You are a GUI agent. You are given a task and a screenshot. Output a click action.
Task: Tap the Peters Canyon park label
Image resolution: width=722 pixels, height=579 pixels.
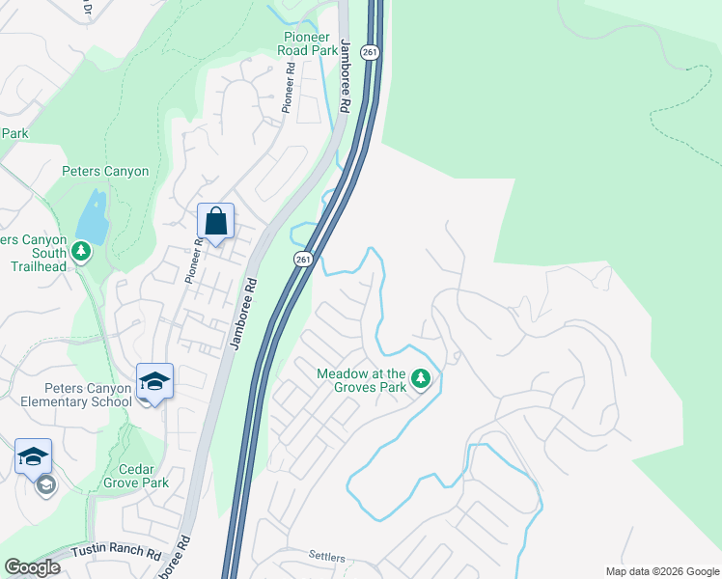pyautogui.click(x=105, y=172)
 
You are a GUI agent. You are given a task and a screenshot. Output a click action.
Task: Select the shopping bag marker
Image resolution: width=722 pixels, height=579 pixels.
pyautogui.click(x=216, y=222)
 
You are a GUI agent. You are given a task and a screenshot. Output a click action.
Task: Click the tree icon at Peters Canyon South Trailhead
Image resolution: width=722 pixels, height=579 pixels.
pyautogui.click(x=82, y=252)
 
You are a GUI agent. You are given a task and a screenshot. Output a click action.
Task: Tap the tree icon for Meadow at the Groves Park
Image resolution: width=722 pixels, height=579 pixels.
pyautogui.click(x=420, y=379)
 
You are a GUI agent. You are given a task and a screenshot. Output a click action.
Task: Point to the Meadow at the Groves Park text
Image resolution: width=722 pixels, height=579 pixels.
pyautogui.click(x=362, y=380)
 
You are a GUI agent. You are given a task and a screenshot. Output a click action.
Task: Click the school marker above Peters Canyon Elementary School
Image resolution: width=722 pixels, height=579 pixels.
pyautogui.click(x=154, y=381)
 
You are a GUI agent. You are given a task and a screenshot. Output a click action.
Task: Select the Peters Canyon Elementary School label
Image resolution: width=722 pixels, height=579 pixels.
pyautogui.click(x=67, y=395)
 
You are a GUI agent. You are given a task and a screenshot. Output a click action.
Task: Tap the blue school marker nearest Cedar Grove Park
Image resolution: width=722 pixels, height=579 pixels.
pyautogui.click(x=33, y=457)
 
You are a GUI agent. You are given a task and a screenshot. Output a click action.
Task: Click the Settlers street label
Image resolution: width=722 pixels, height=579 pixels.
pyautogui.click(x=326, y=557)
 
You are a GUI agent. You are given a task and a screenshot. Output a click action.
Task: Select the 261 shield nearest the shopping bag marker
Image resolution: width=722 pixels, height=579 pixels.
pyautogui.click(x=303, y=259)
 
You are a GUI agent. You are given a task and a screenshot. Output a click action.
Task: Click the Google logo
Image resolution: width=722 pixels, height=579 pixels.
pyautogui.click(x=32, y=567)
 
